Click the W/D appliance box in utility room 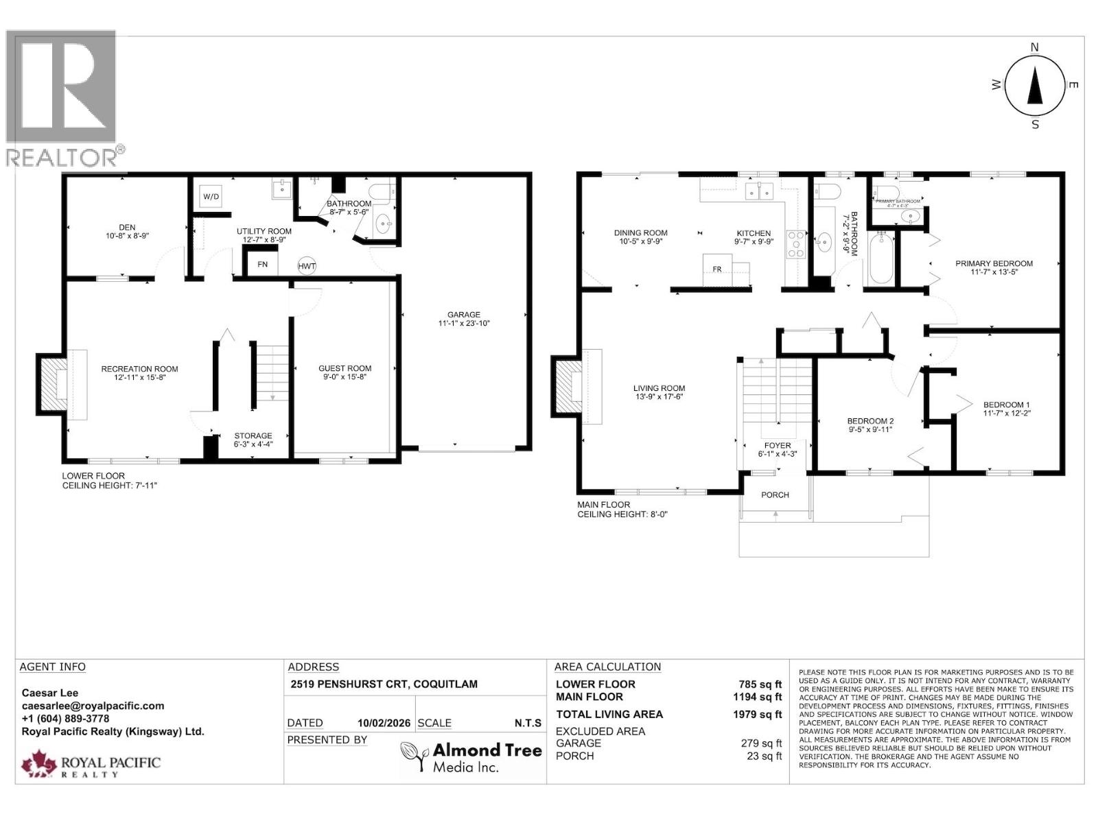[211, 198]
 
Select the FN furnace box [262, 264]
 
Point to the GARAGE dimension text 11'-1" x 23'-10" [464, 323]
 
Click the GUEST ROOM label [344, 368]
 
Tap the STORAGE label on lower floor [253, 436]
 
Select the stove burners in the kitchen [795, 244]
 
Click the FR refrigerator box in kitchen [716, 269]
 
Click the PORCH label [775, 494]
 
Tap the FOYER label [778, 445]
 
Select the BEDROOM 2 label [869, 420]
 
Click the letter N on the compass [1035, 47]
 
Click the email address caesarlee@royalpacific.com [93, 706]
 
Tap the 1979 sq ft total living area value [757, 715]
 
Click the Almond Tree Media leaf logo [414, 756]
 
